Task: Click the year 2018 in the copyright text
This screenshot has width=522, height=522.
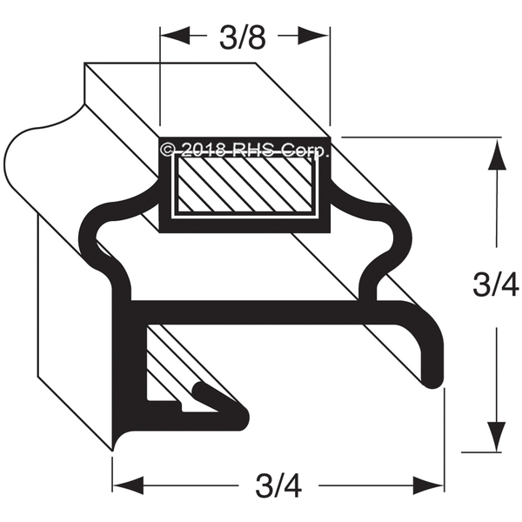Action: click(203, 150)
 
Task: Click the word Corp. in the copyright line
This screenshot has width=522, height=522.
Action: click(304, 150)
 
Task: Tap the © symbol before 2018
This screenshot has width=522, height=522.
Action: click(170, 150)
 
